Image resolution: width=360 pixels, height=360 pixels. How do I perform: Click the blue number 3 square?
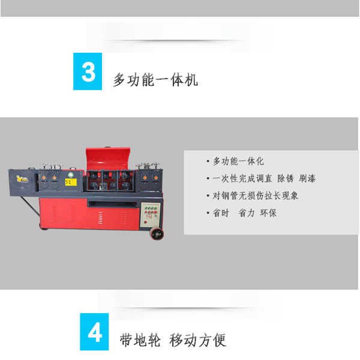[x=88, y=71]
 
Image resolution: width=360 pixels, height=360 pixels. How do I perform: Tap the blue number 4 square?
[x=94, y=332]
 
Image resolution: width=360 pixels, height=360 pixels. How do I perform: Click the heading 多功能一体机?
[x=155, y=80]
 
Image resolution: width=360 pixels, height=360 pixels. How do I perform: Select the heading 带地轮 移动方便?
[x=173, y=340]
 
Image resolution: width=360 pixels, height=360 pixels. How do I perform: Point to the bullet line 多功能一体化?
[x=238, y=161]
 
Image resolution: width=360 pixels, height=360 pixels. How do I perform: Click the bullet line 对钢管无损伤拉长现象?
[x=256, y=196]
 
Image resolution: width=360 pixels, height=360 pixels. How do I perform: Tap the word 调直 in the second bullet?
[x=263, y=178]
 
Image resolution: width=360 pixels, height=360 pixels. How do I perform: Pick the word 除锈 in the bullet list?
[x=286, y=178]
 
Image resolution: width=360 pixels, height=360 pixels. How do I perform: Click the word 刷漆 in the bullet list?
[x=307, y=178]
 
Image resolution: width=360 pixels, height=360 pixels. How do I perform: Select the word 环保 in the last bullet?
[x=268, y=213]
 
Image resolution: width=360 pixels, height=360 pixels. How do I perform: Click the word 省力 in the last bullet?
[x=247, y=213]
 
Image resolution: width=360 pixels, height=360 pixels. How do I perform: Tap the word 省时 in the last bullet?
[x=221, y=213]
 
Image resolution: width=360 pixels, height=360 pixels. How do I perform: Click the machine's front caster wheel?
[x=157, y=234]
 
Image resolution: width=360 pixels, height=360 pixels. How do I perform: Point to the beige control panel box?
[x=151, y=215]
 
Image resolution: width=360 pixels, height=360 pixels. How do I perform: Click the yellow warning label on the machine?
[x=71, y=182]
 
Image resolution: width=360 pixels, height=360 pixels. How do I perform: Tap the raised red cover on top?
[x=108, y=158]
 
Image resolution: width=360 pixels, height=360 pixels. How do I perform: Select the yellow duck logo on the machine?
[x=22, y=179]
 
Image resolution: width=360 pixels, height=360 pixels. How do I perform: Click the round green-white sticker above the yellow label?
[x=71, y=175]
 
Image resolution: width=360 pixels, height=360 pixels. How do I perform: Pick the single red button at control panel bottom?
[x=145, y=222]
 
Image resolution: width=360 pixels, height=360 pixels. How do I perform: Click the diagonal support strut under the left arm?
[x=31, y=206]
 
